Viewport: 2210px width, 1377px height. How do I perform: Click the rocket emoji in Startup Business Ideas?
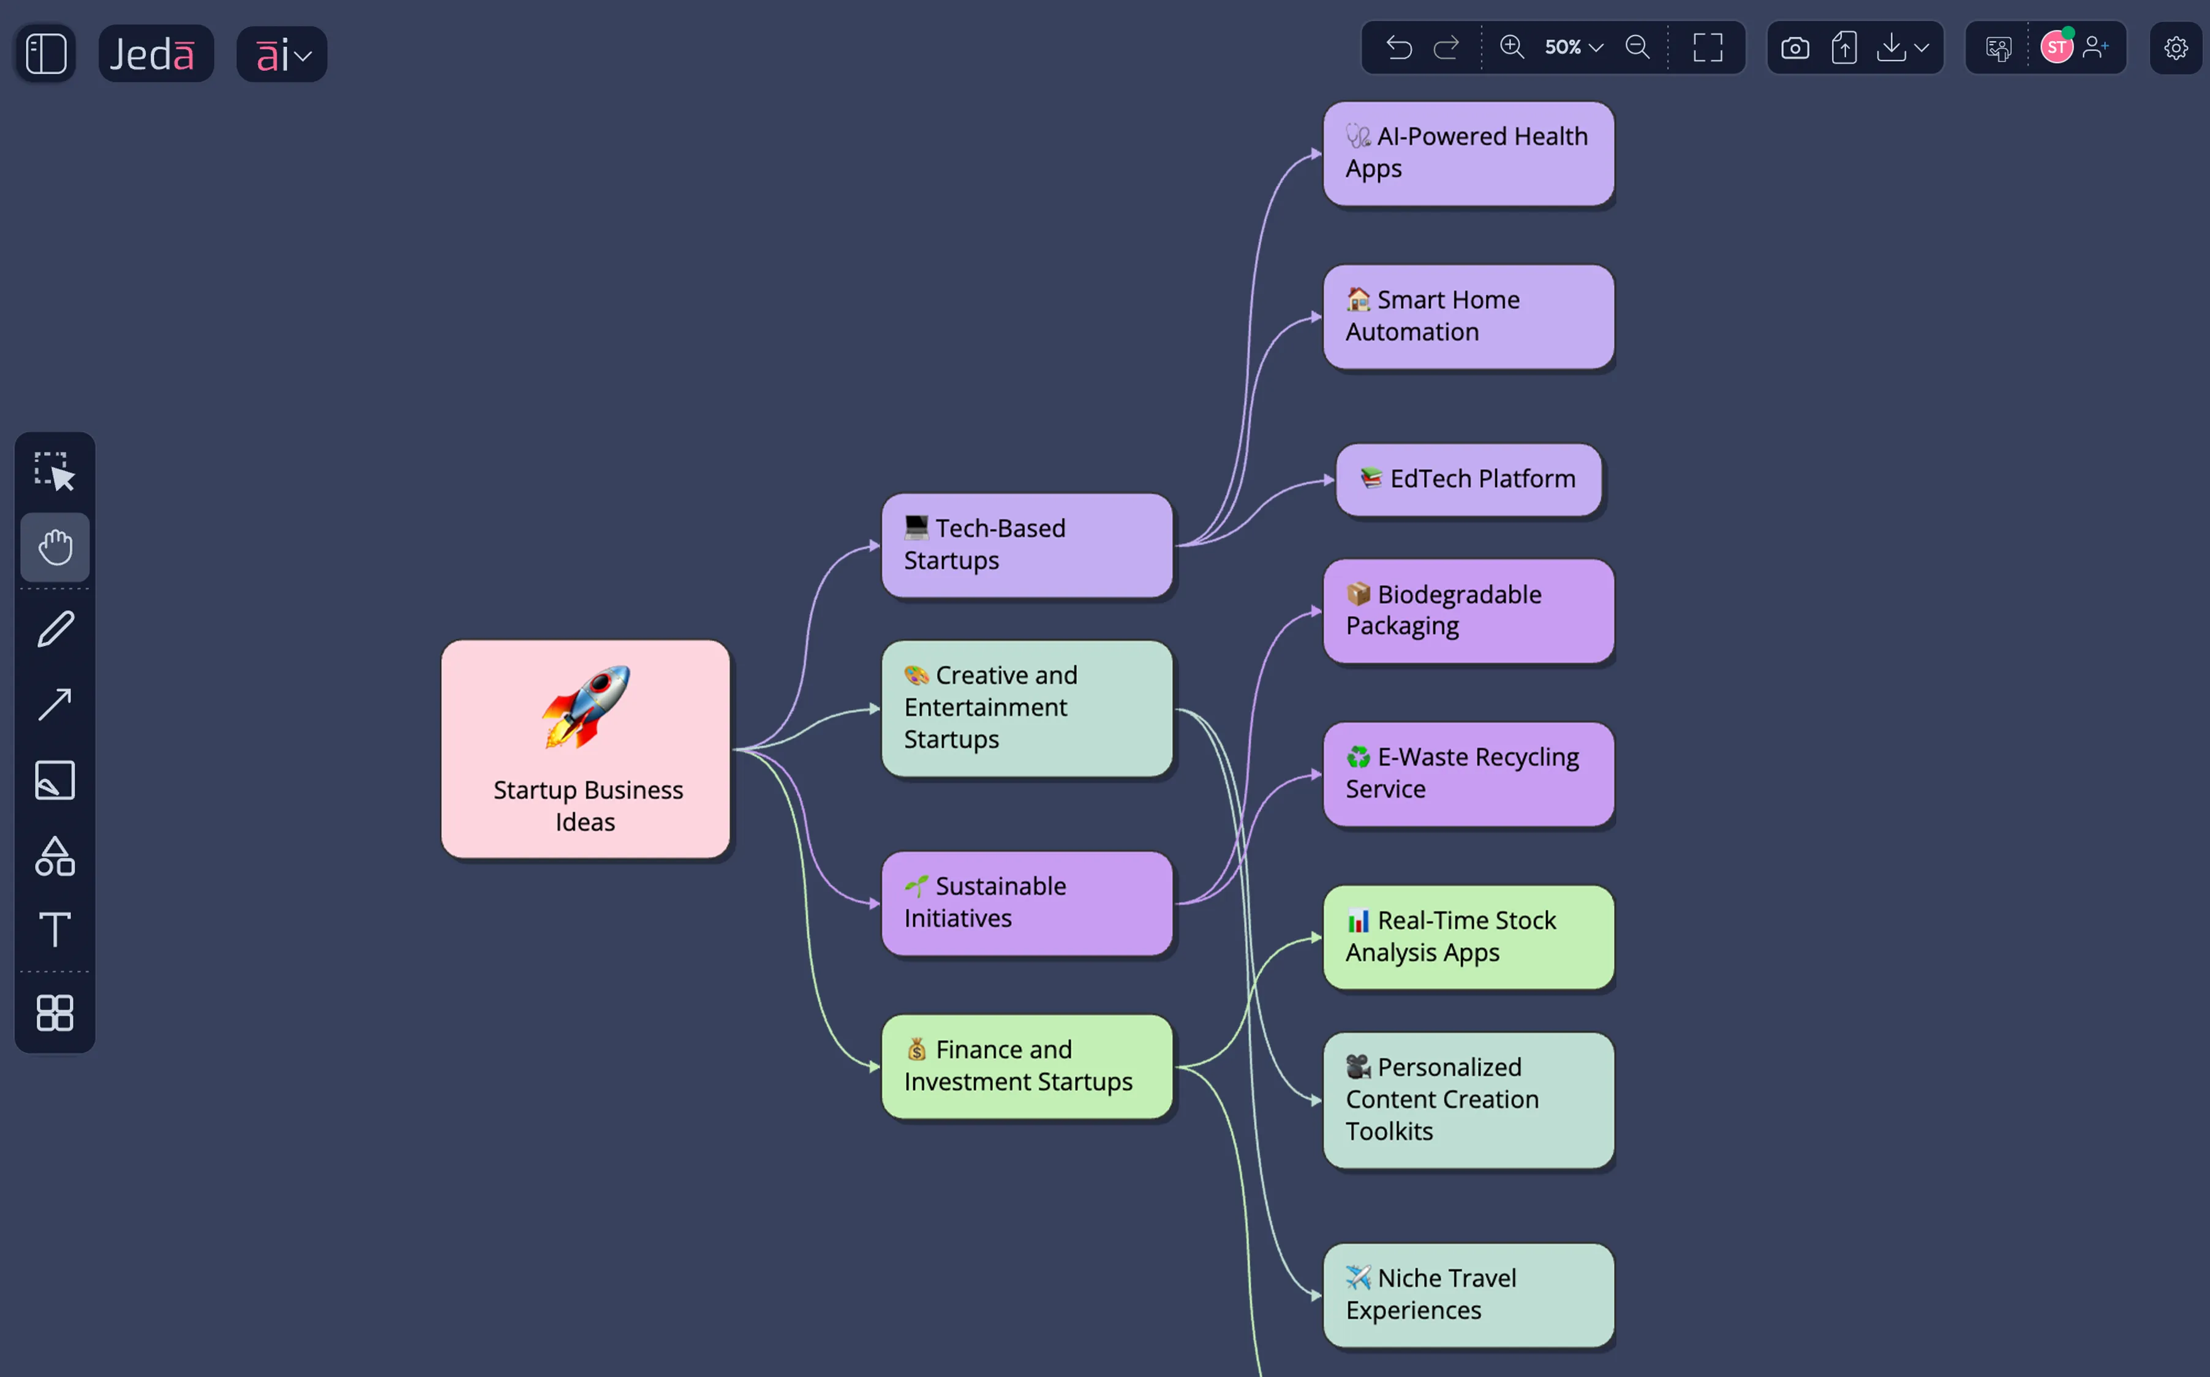586,707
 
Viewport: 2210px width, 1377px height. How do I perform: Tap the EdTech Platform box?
1468,479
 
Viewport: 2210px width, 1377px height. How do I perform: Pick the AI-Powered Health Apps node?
1468,153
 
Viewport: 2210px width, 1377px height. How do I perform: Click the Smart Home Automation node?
1468,316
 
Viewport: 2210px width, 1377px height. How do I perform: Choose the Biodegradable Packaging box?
1468,610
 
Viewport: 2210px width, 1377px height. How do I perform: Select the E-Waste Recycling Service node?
1468,773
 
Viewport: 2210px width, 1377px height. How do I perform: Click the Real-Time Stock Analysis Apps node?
1468,936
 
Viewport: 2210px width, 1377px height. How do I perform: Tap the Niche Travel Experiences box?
1468,1294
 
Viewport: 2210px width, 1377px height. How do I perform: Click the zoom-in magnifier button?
1512,47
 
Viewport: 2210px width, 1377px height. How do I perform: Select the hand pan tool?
55,548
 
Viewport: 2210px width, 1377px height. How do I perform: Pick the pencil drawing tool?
55,628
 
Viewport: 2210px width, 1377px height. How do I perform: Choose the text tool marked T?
55,929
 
